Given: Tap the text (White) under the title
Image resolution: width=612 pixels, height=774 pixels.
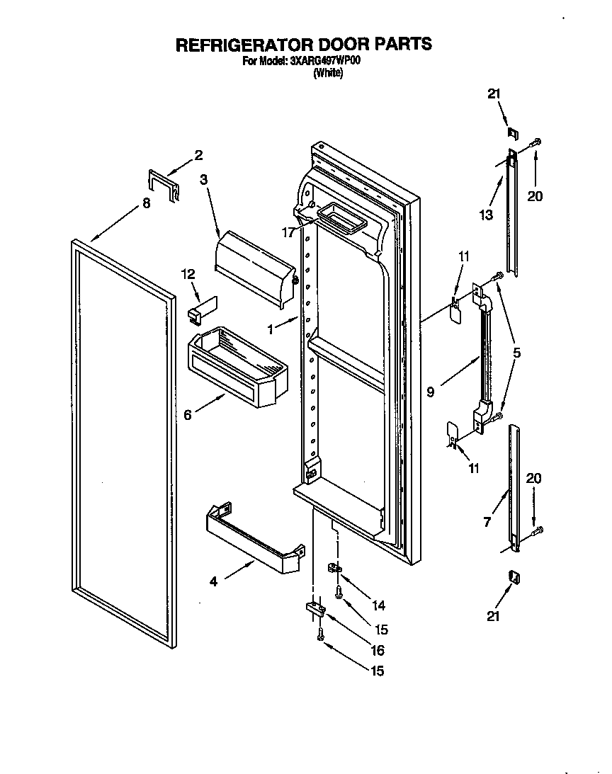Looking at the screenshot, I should click(328, 73).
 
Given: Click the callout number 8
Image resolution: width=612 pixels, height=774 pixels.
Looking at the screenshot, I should click(146, 203).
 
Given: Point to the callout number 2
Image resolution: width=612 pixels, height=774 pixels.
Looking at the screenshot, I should click(198, 154).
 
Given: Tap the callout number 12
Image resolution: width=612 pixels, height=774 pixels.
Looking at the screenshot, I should click(187, 273).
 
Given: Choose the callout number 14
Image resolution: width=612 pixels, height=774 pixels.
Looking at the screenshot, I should click(378, 605).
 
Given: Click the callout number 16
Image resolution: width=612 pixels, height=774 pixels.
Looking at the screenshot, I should click(377, 650).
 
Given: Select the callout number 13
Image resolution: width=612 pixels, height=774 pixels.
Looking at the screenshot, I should click(486, 215).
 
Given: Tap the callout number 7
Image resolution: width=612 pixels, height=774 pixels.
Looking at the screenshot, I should click(487, 523).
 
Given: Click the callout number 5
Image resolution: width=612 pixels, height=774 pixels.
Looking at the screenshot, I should click(517, 352).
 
